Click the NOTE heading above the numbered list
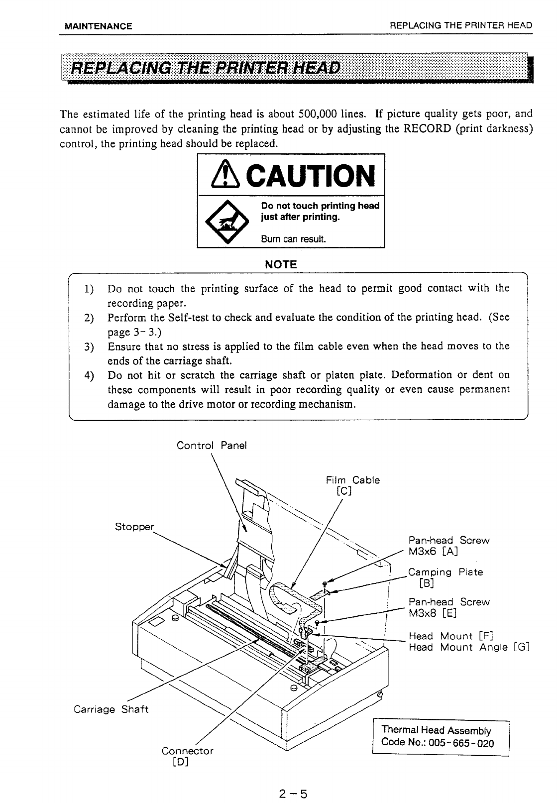[282, 264]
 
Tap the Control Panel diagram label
[212, 445]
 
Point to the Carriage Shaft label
[111, 709]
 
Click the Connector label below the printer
[187, 750]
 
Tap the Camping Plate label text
[446, 572]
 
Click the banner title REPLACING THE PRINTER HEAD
[207, 68]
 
